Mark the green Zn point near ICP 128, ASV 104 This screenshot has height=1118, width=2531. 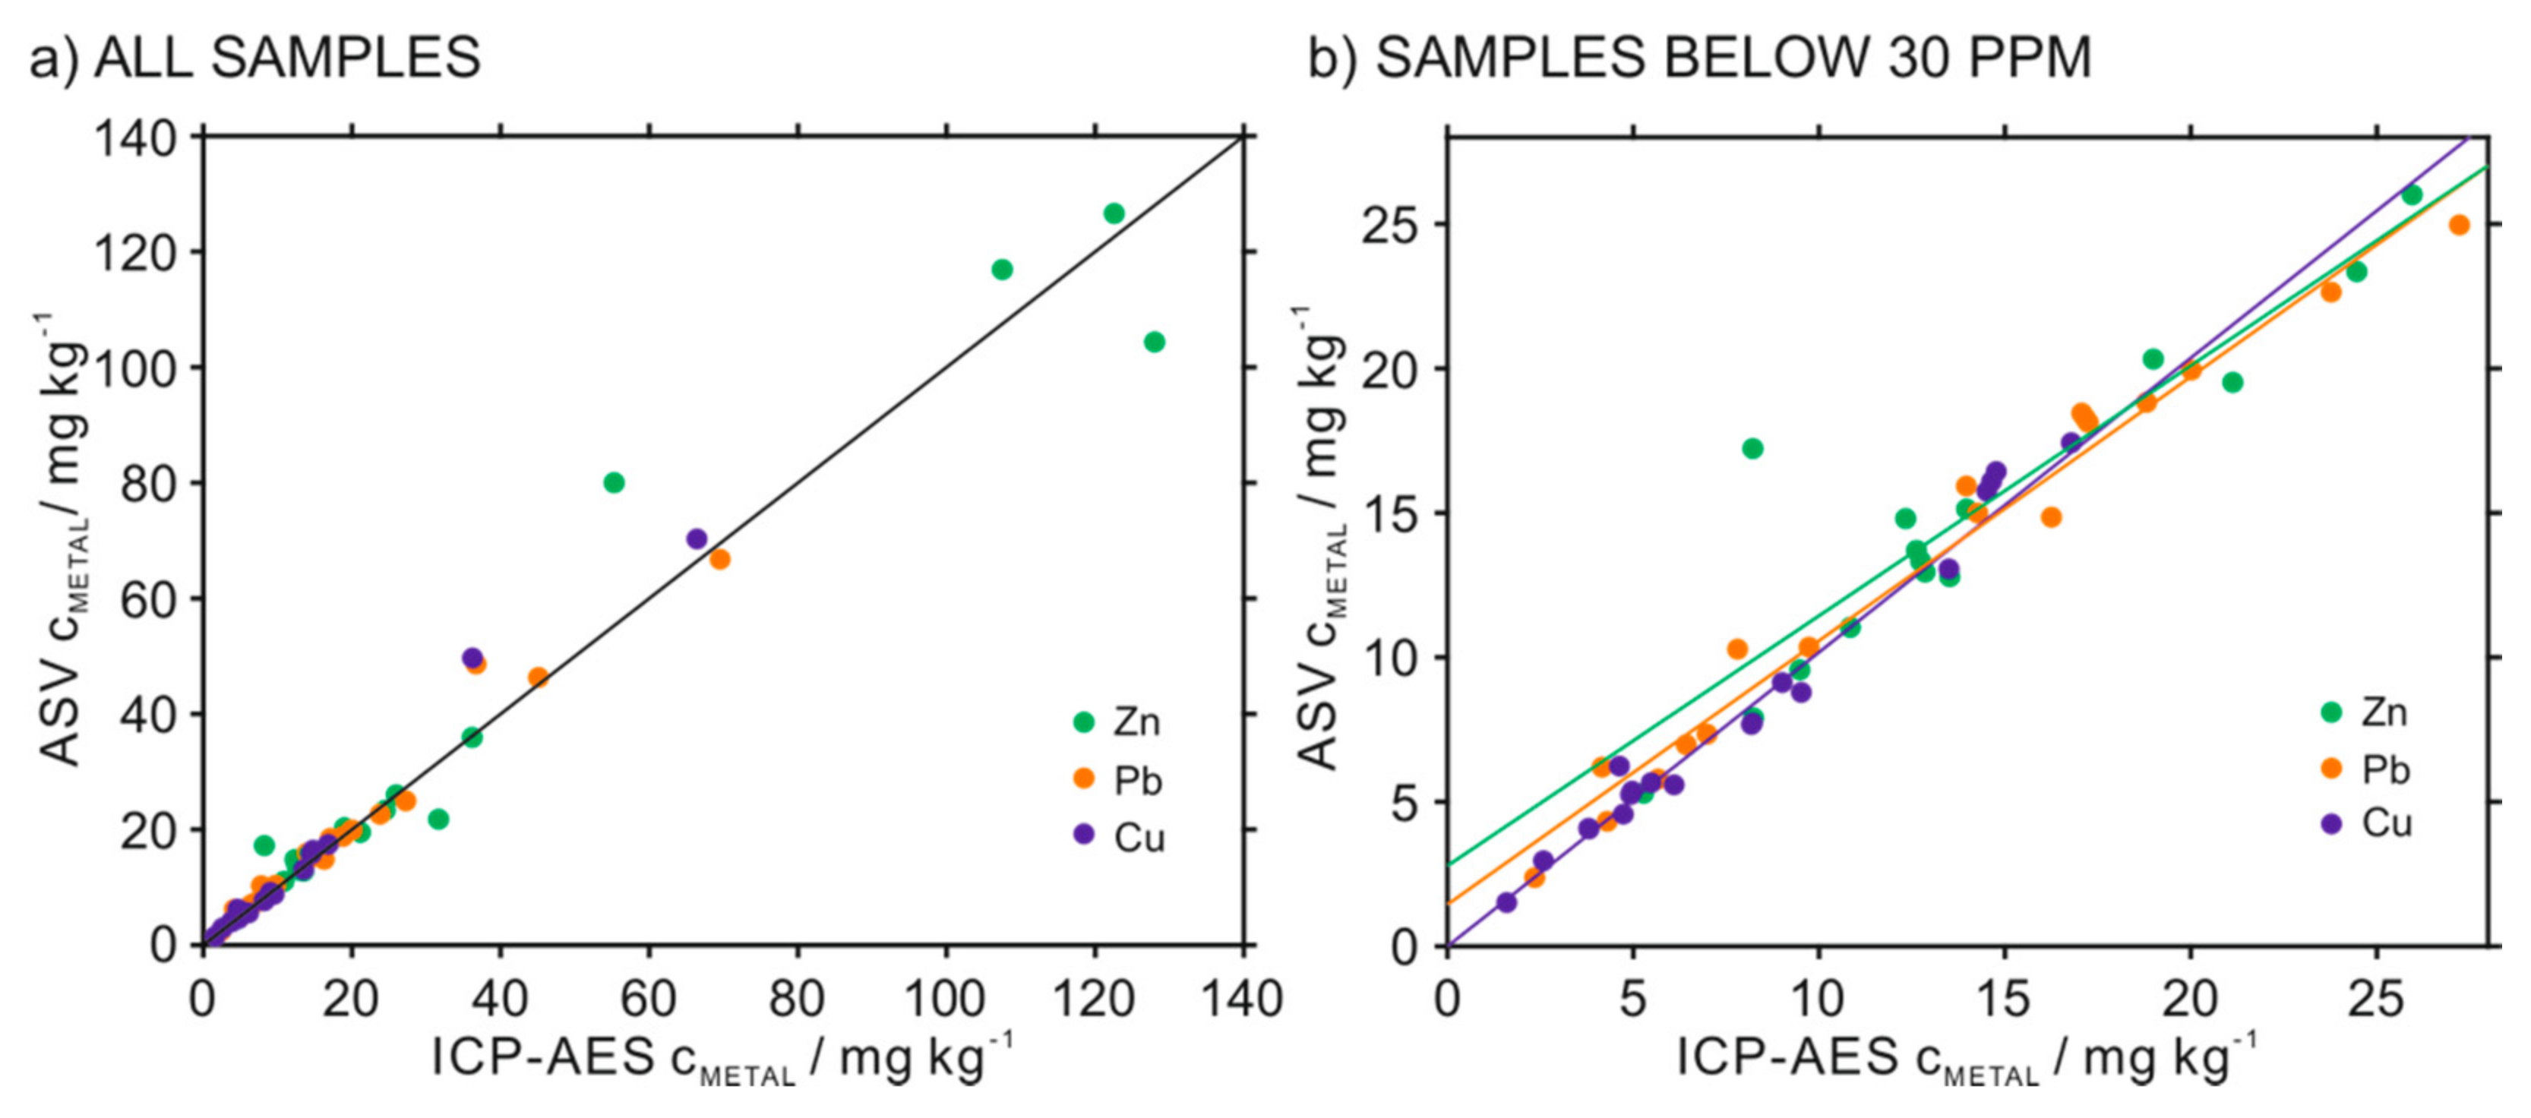click(1155, 342)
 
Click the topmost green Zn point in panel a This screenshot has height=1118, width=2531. click(1114, 213)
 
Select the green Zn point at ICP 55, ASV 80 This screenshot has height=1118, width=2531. click(614, 482)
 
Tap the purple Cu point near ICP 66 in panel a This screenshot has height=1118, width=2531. click(697, 538)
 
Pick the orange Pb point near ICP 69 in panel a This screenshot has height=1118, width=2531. click(719, 559)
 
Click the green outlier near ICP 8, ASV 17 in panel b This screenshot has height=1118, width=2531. click(1752, 449)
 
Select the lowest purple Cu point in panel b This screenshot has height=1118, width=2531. click(1506, 902)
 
